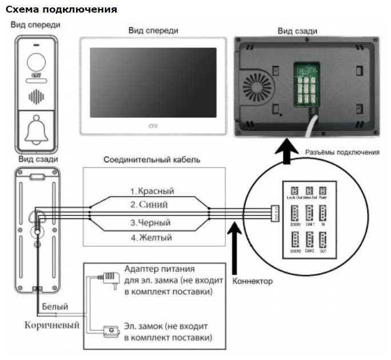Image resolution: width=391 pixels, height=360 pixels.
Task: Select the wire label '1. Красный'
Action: [x=151, y=191]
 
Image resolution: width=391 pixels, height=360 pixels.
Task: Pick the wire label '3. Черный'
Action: [x=151, y=222]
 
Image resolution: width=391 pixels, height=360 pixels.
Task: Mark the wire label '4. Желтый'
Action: [x=151, y=237]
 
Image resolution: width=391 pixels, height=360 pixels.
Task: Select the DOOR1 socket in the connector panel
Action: [x=295, y=215]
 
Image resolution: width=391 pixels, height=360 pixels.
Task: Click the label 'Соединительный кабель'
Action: [x=151, y=159]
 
